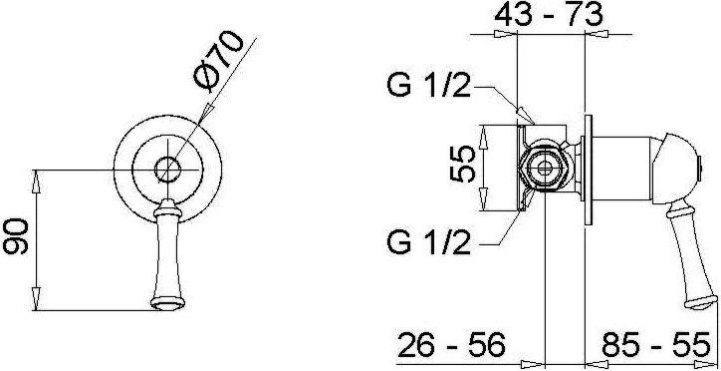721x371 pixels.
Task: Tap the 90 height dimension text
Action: tap(16, 236)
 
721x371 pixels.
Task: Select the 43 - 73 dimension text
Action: tap(548, 15)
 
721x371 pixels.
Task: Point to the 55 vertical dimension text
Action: tap(462, 164)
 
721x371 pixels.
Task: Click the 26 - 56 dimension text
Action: tap(451, 345)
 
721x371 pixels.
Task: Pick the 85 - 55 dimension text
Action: tap(655, 345)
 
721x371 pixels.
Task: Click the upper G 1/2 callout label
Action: tap(429, 86)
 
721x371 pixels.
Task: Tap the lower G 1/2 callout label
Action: tap(429, 242)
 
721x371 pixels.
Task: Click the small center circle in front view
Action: tap(168, 170)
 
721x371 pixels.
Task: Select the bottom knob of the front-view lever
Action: tap(168, 303)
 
